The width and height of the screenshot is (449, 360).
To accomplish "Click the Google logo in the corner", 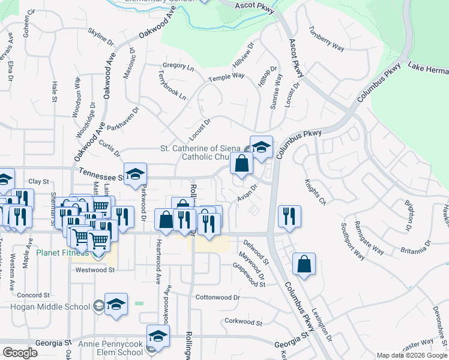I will (x=20, y=353).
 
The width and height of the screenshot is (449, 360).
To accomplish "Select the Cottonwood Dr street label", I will (x=217, y=297).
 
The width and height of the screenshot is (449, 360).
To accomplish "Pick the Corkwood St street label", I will (x=243, y=322).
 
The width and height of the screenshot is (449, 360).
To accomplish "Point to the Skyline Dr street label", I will (x=100, y=37).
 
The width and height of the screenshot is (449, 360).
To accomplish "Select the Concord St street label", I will (x=33, y=295).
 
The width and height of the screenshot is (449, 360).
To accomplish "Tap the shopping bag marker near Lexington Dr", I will (x=304, y=264).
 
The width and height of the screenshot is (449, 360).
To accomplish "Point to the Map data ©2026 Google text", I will (x=412, y=355).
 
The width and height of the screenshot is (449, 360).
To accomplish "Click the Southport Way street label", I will (x=353, y=241).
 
